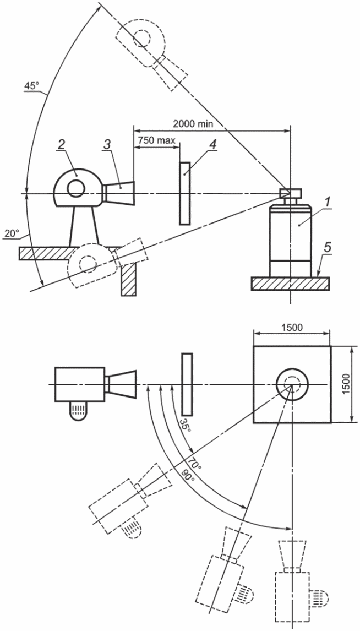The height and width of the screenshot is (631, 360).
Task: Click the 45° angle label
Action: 31,86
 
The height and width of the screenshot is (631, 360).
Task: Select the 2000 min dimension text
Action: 193,124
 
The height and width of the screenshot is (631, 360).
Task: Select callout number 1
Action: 328,203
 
